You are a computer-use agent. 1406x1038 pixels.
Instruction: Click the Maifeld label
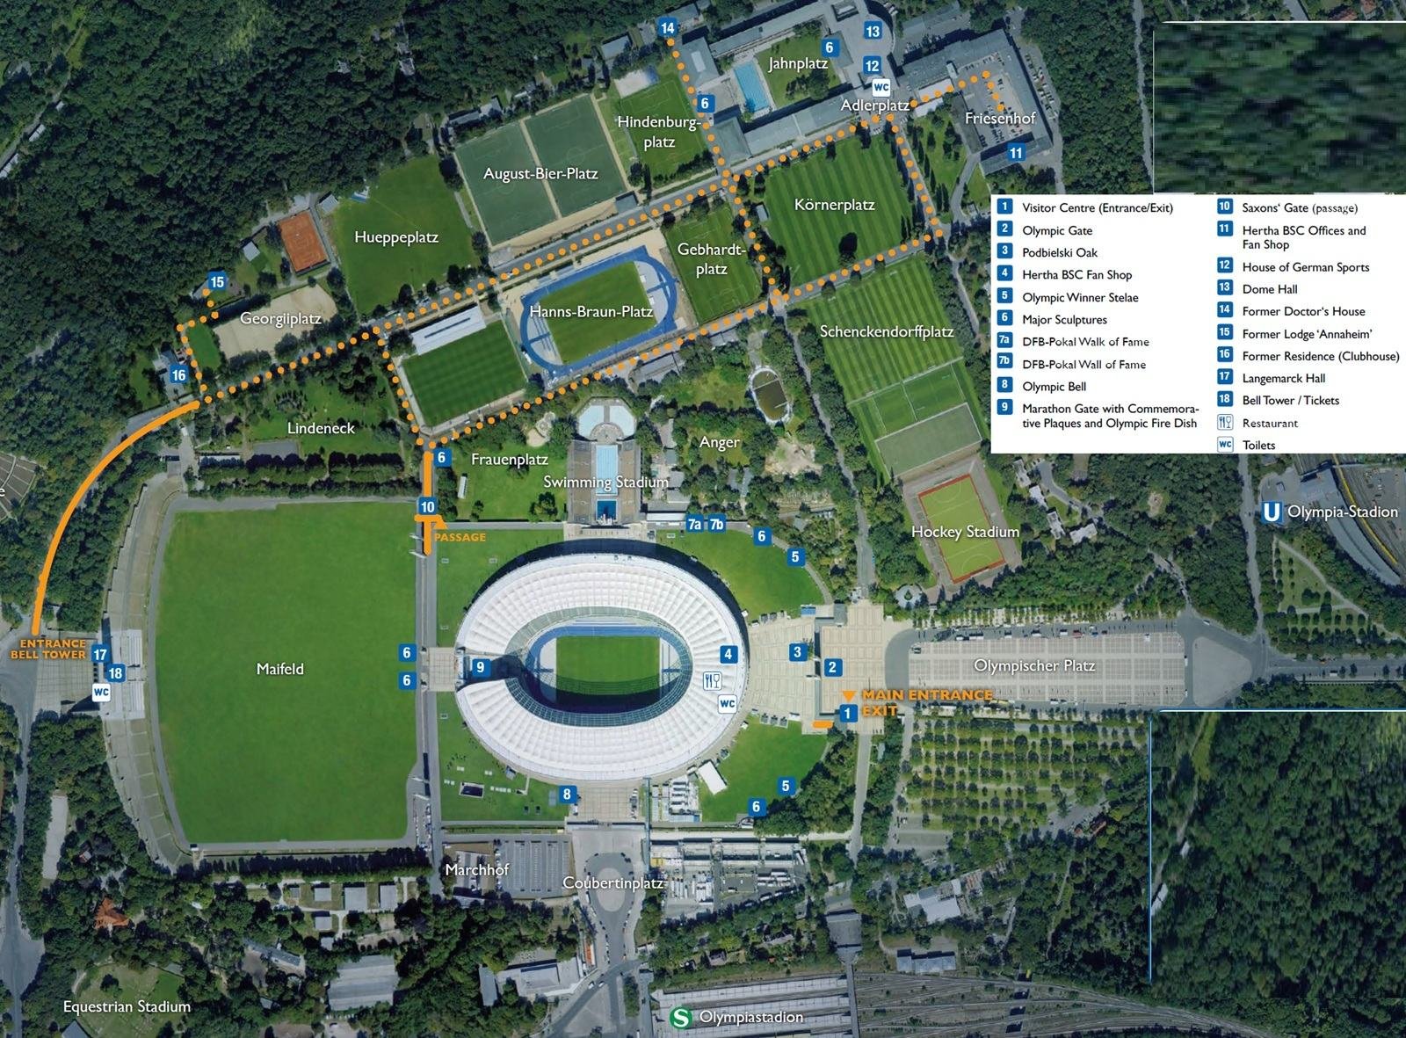[279, 669]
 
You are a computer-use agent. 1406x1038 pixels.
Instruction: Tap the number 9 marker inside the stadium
[480, 667]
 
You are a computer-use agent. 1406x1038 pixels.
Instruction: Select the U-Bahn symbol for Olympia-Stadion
[1271, 512]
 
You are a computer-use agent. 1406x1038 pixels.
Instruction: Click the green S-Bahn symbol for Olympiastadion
[680, 1017]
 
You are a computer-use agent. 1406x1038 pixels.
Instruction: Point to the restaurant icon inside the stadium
[712, 681]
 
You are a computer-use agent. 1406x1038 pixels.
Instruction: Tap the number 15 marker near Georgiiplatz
[217, 282]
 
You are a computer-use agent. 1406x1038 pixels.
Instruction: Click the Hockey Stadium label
[965, 532]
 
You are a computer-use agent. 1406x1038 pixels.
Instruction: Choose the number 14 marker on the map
[668, 28]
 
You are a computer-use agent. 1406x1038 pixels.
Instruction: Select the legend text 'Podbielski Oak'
[1059, 252]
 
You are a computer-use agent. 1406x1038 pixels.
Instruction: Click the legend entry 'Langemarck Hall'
[1283, 378]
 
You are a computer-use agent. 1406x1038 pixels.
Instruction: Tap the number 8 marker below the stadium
[567, 795]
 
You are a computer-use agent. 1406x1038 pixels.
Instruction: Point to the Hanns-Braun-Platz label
[591, 311]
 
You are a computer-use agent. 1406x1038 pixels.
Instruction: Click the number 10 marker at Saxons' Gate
[427, 507]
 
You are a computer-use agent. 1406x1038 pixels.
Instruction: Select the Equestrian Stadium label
[127, 1006]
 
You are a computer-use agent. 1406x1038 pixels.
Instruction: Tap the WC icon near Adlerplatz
[881, 87]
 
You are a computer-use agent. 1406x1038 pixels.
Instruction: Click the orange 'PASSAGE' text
[460, 537]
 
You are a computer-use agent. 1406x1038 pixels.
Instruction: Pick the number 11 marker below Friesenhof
[1016, 153]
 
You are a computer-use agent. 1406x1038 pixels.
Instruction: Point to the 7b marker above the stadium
[717, 525]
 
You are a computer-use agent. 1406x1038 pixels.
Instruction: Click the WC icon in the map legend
[1225, 445]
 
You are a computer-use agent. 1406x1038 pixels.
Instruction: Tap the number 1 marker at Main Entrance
[847, 714]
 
